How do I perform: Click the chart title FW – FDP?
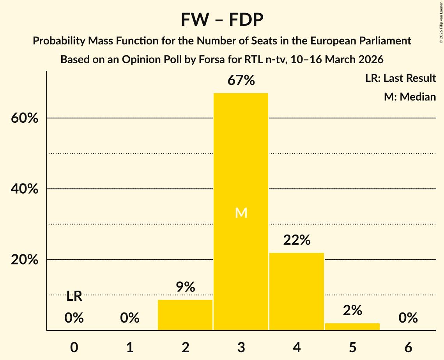point(222,19)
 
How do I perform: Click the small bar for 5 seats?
point(352,326)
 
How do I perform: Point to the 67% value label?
point(241,81)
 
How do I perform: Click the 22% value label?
point(297,240)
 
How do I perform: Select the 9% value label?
point(185,287)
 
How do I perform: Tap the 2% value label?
point(352,311)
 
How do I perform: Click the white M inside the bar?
point(241,213)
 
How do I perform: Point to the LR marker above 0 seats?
point(74,296)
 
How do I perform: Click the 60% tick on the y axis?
point(25,118)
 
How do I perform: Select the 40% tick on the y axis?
point(25,189)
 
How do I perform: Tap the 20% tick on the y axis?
point(25,260)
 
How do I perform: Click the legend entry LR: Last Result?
point(400,78)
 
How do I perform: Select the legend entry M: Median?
point(410,97)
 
